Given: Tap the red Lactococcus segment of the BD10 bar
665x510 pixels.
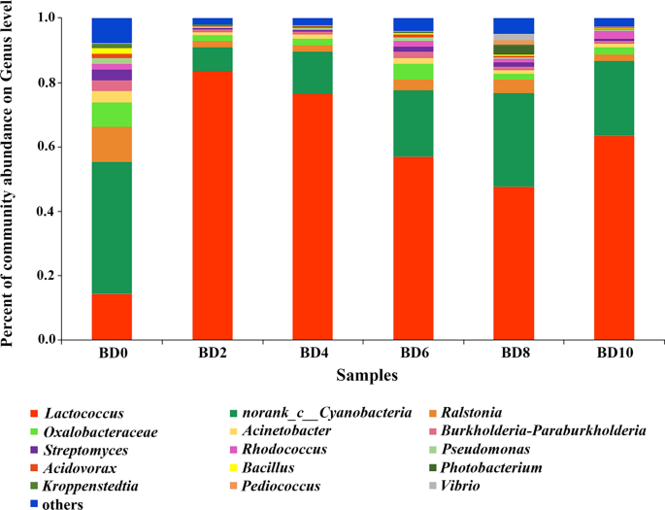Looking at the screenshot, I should coord(613,238).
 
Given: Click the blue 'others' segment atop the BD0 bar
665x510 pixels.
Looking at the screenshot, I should coord(112,30).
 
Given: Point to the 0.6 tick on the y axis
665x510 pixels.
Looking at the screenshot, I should coord(65,147).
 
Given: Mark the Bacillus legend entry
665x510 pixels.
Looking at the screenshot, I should coord(291,467).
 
